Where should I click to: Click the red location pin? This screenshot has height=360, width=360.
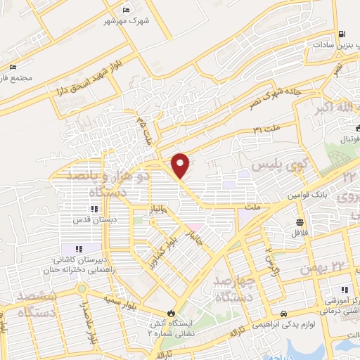(x=181, y=165)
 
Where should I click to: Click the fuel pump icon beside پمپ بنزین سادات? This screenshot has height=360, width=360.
(x=342, y=34)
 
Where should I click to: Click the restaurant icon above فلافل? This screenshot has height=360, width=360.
(x=300, y=222)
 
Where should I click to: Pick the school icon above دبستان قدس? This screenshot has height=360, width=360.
(x=94, y=209)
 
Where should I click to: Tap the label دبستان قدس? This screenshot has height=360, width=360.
(x=93, y=219)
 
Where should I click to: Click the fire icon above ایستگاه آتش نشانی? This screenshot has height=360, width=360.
(x=169, y=314)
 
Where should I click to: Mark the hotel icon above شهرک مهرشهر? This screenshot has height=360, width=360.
(x=126, y=10)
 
